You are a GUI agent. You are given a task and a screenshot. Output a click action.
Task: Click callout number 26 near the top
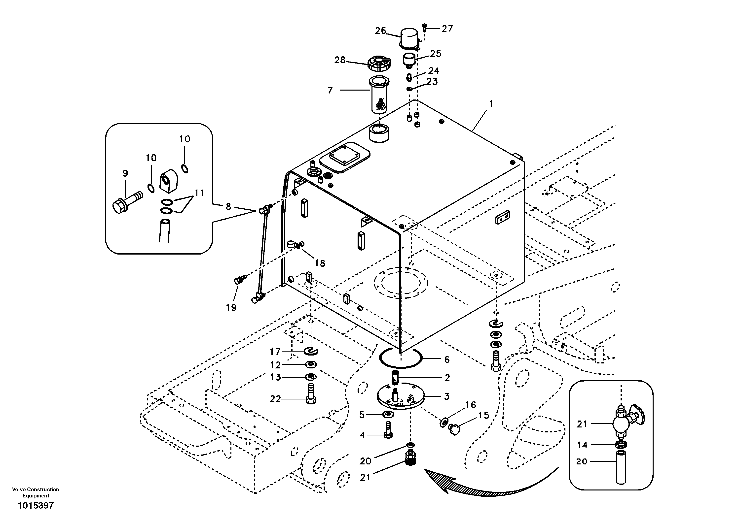click(380, 31)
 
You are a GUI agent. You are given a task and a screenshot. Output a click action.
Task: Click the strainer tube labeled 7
click(379, 95)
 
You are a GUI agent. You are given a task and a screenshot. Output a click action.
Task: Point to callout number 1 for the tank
click(491, 104)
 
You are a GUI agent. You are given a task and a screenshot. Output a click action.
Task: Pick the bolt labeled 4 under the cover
click(388, 430)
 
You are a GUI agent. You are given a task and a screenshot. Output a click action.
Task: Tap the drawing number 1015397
click(36, 506)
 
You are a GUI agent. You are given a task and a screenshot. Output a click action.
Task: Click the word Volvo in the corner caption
click(19, 489)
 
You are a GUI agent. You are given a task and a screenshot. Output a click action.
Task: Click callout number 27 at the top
click(447, 29)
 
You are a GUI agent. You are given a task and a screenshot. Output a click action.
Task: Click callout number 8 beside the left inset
click(228, 206)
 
